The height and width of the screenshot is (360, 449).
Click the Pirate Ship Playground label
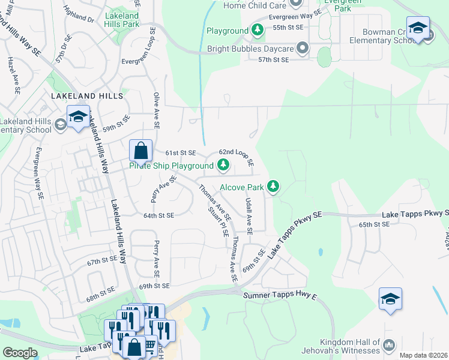pyautogui.click(x=172, y=166)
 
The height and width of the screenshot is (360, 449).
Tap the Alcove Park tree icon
pyautogui.click(x=273, y=187)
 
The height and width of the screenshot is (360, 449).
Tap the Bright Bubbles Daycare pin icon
pyautogui.click(x=303, y=47)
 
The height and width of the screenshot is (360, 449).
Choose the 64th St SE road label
pyautogui.click(x=158, y=215)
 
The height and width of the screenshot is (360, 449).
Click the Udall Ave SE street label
pyautogui.click(x=249, y=217)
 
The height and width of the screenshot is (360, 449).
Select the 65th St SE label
pyautogui.click(x=374, y=224)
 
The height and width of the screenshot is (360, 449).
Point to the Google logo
pyautogui.click(x=20, y=353)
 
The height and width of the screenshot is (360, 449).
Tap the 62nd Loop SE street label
pyautogui.click(x=237, y=157)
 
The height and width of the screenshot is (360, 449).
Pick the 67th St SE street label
pyautogui.click(x=101, y=261)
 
